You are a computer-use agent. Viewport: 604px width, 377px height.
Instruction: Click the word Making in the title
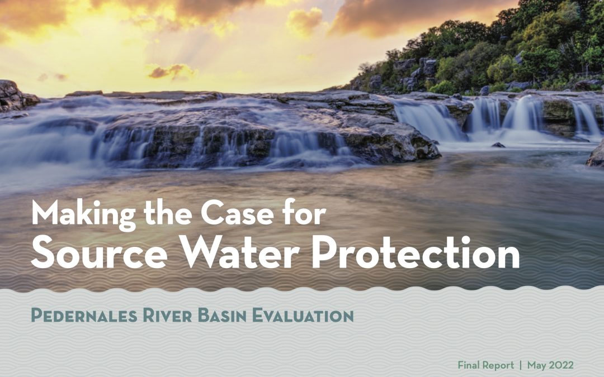[x=84, y=214]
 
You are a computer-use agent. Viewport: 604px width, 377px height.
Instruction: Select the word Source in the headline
[x=100, y=251]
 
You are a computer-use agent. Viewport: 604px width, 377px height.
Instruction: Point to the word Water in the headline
[x=239, y=251]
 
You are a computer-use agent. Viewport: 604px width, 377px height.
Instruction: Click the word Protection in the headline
[x=416, y=251]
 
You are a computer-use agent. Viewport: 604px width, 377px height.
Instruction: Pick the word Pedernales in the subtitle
[x=84, y=316]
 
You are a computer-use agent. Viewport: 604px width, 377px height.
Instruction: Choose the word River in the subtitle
[x=167, y=316]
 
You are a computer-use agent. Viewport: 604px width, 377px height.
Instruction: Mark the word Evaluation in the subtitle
[x=303, y=316]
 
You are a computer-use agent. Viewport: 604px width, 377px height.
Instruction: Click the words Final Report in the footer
[x=486, y=365]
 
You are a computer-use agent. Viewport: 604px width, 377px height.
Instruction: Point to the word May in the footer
[x=537, y=365]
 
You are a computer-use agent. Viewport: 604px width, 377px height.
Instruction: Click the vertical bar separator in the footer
[x=521, y=365]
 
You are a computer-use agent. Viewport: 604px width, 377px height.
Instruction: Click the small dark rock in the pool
[x=498, y=145]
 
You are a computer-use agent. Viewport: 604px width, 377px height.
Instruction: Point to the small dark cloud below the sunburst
[x=172, y=71]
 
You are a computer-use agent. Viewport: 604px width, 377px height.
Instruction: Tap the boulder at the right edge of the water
[x=596, y=155]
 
